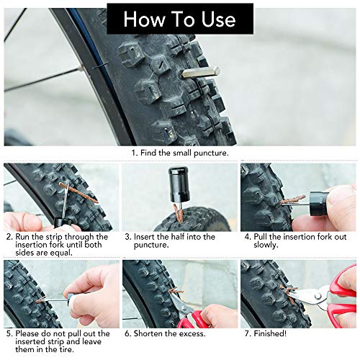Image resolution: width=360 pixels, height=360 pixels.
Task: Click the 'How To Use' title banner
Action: click(x=179, y=19)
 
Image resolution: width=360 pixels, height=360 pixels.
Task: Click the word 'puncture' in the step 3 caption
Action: click(x=152, y=246)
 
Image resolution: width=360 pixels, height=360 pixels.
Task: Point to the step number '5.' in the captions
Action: click(x=9, y=333)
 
